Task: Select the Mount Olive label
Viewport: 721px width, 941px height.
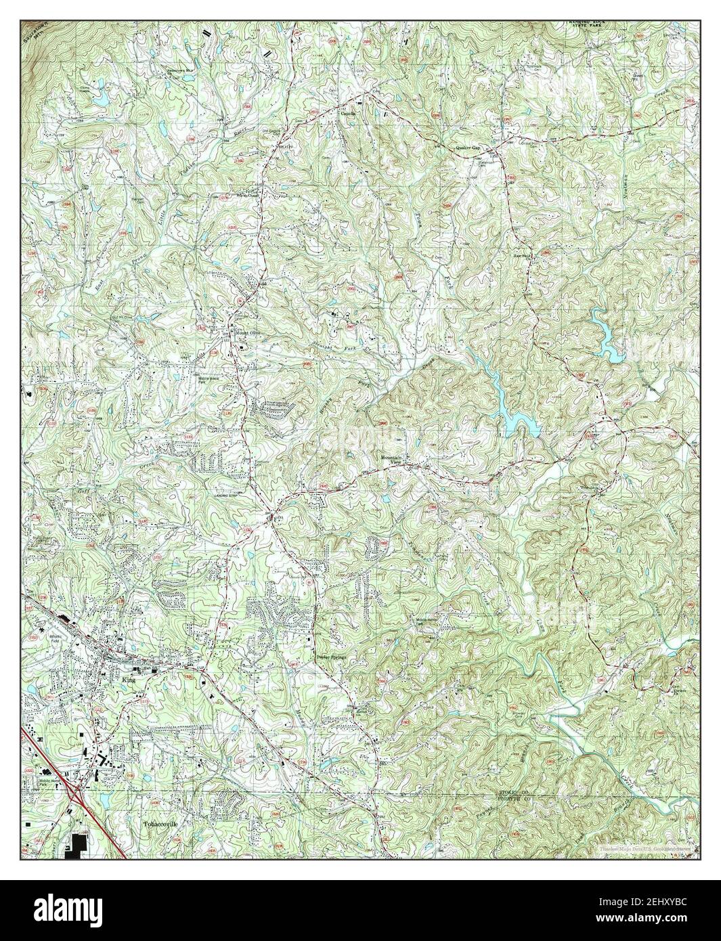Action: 247,333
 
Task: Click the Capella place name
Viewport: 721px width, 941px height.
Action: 357,114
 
